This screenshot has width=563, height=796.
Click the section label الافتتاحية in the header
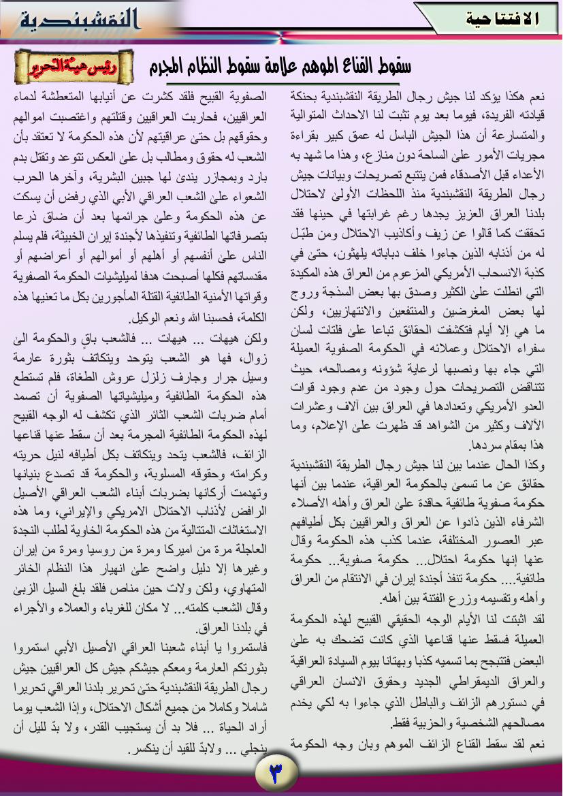(x=502, y=19)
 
